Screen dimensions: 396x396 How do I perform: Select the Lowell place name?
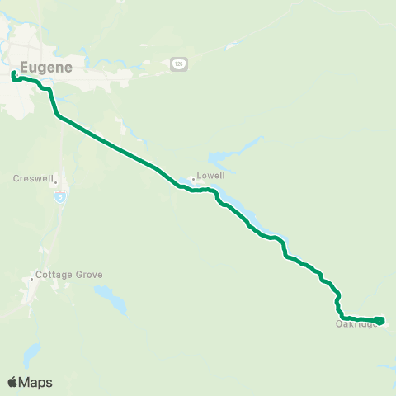(x=210, y=176)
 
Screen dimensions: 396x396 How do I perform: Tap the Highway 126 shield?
(x=177, y=64)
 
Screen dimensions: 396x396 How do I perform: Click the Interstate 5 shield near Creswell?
(x=59, y=196)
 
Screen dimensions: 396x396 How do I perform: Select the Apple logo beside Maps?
(x=13, y=382)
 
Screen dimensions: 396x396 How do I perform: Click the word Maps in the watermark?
(x=36, y=382)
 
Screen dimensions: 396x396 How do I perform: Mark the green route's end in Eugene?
(x=14, y=74)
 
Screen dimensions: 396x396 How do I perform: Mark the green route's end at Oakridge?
(x=380, y=319)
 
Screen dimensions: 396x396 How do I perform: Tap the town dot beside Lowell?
(x=192, y=177)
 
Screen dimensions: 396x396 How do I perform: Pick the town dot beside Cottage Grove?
(x=32, y=280)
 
